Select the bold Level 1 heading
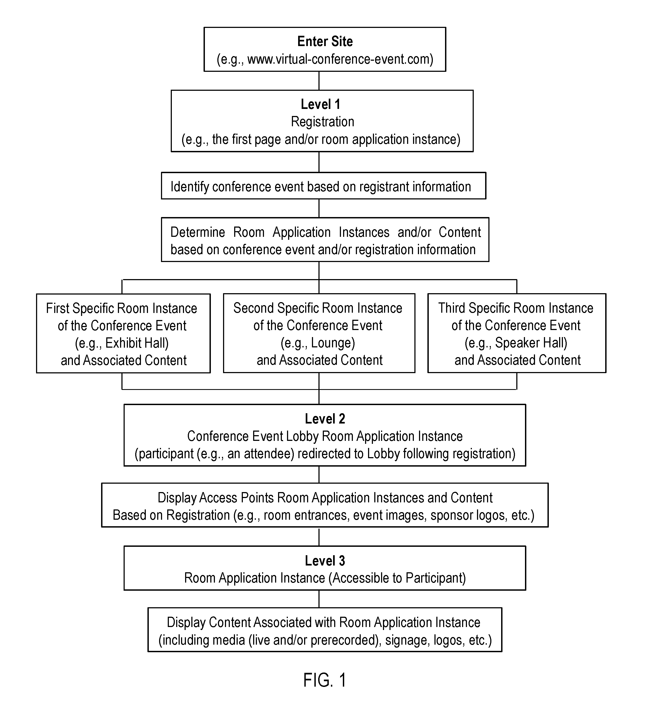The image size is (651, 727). (x=321, y=104)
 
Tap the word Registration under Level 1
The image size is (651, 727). (x=322, y=122)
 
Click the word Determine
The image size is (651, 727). (x=198, y=232)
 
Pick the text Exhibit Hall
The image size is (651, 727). (x=136, y=343)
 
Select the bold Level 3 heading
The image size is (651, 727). (x=325, y=561)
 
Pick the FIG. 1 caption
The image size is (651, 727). (x=325, y=680)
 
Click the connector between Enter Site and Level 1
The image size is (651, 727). (x=319, y=81)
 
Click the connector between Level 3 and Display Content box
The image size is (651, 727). (x=319, y=599)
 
